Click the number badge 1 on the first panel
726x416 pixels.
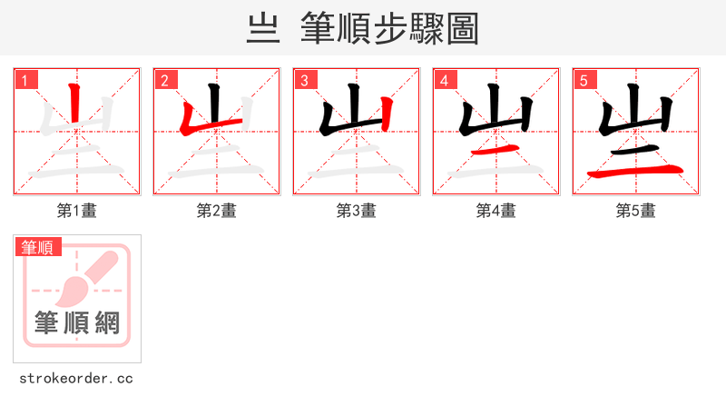point(25,80)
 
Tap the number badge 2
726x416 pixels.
point(164,80)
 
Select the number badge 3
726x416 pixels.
point(304,80)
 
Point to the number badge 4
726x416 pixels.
point(444,80)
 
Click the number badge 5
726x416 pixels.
point(584,80)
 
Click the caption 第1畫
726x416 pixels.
point(77,211)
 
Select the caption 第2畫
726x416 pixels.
point(217,211)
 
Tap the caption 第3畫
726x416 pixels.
point(357,211)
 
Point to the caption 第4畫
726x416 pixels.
point(496,211)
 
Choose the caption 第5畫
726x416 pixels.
point(636,211)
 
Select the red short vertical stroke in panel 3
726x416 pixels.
point(387,113)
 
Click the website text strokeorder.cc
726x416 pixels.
point(76,378)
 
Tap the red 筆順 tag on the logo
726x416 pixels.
point(37,247)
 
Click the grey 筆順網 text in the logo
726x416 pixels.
point(77,322)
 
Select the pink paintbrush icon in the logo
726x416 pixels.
point(86,277)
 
